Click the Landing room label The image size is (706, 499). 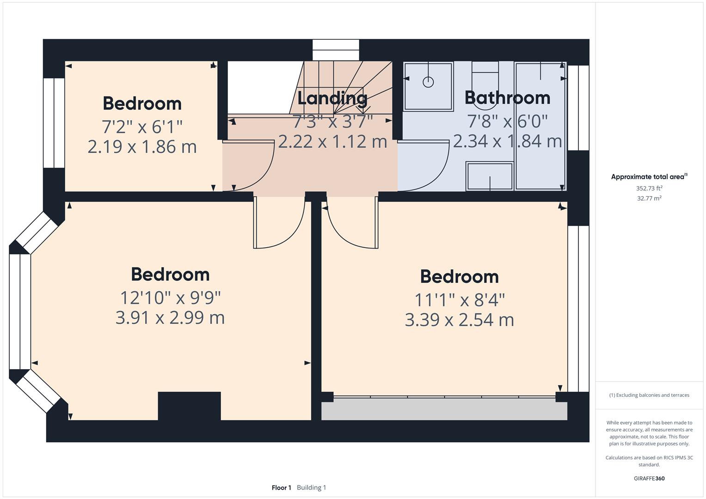[x=332, y=98]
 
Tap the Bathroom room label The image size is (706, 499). [x=507, y=98]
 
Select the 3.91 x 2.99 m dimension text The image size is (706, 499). [x=170, y=318]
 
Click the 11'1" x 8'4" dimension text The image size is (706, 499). [x=459, y=300]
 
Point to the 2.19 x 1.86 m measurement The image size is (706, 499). [x=142, y=147]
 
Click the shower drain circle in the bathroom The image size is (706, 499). [x=428, y=82]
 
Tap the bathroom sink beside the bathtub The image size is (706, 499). [x=490, y=176]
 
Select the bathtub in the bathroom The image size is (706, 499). [x=540, y=126]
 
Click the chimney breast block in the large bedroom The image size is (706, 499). [x=189, y=406]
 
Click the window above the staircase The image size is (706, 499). [x=336, y=50]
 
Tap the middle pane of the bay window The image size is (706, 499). [x=20, y=311]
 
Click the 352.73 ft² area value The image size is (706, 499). [x=649, y=188]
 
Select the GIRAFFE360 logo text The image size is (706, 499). [x=649, y=478]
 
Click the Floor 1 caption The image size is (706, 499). [x=281, y=487]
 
